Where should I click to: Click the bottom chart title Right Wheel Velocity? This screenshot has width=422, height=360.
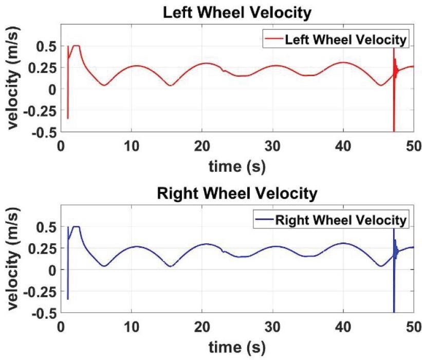237,194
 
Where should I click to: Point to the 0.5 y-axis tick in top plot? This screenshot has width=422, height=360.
46,46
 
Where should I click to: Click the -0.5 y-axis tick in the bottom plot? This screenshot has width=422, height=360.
44,313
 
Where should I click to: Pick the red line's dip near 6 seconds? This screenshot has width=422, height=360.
104,85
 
